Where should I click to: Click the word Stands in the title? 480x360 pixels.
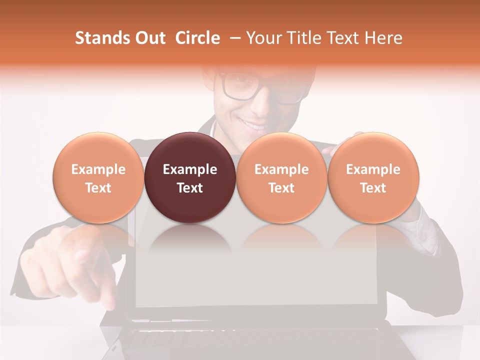pyautogui.click(x=102, y=38)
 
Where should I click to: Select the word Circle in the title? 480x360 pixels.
pyautogui.click(x=197, y=38)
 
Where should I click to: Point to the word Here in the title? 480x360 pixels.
pyautogui.click(x=383, y=38)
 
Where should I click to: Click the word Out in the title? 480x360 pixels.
pyautogui.click(x=149, y=38)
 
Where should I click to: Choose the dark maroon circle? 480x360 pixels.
pyautogui.click(x=190, y=177)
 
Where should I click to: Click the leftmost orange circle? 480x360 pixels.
pyautogui.click(x=98, y=177)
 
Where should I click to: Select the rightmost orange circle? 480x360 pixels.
pyautogui.click(x=373, y=177)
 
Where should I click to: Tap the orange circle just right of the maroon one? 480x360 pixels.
pyautogui.click(x=281, y=177)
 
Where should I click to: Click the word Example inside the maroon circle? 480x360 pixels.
pyautogui.click(x=190, y=169)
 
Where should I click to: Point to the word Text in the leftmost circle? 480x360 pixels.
pyautogui.click(x=98, y=188)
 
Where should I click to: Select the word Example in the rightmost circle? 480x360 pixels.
pyautogui.click(x=373, y=169)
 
